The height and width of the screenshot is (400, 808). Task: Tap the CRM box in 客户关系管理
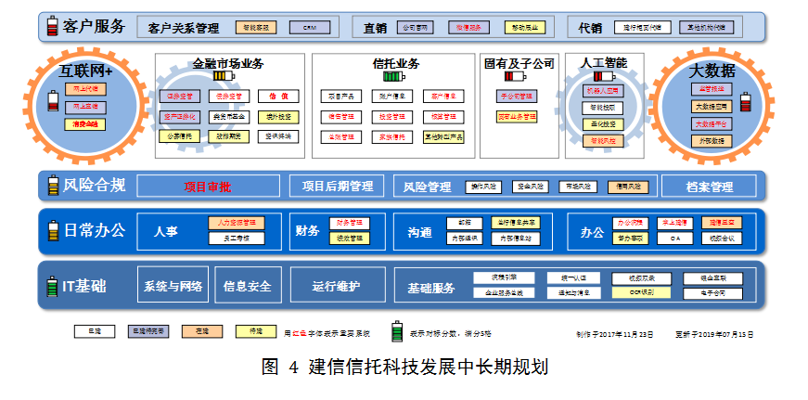click(310, 28)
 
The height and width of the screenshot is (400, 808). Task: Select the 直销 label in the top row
click(375, 28)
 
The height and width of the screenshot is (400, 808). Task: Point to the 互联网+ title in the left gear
click(86, 71)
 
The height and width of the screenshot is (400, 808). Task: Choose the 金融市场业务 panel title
click(227, 64)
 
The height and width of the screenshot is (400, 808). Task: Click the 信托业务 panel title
click(396, 64)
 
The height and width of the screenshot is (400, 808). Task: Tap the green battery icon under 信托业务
click(395, 79)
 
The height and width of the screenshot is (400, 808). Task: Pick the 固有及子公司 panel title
click(519, 64)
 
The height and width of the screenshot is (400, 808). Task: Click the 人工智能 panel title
click(603, 63)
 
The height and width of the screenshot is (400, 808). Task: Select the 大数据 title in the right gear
click(712, 71)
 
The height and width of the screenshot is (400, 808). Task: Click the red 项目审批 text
click(208, 187)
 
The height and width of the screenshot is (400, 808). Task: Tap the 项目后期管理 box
click(337, 187)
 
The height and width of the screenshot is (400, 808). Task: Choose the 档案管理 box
click(710, 187)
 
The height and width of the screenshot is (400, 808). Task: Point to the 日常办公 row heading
click(94, 230)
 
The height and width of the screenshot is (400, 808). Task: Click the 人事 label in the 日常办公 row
click(167, 231)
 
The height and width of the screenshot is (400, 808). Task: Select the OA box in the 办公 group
click(674, 239)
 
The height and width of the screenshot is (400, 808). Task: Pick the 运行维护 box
click(336, 286)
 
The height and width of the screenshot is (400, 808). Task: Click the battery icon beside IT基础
click(52, 286)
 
